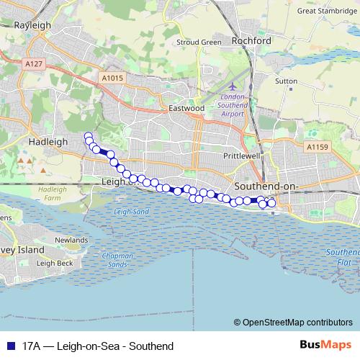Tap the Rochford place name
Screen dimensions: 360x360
[251, 41]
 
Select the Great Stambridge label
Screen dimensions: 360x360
[328, 11]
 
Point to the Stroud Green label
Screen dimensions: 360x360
[199, 42]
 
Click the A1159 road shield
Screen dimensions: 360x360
[316, 147]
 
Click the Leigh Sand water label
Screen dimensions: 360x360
[132, 212]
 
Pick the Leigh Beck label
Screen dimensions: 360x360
[55, 264]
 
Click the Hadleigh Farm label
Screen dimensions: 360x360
[51, 193]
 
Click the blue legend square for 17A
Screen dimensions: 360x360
[10, 346]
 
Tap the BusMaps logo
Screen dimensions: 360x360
[325, 345]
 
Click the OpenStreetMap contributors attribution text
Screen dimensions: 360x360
[297, 323]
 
